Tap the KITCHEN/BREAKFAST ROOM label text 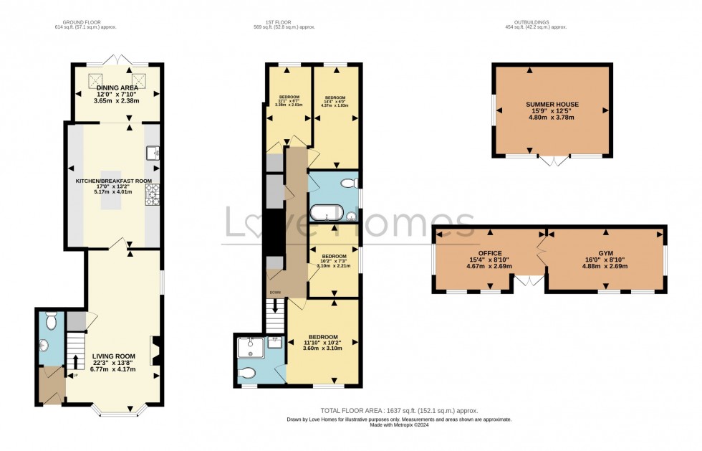pos(114,181)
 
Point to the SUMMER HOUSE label pos(552,105)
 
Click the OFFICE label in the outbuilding pos(490,253)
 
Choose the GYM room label pos(605,253)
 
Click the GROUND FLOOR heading pos(85,22)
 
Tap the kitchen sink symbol pos(153,152)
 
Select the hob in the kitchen pos(153,194)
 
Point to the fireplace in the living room pos(155,351)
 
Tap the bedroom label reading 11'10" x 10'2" pos(323,343)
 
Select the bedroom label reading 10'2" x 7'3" pos(334,261)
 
